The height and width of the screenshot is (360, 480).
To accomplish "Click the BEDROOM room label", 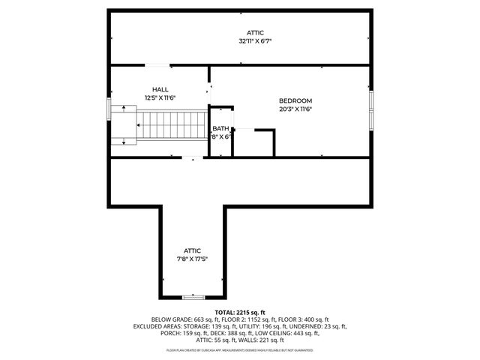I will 295,100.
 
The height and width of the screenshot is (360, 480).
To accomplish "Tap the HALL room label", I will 159,89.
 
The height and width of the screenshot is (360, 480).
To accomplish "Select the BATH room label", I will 220,129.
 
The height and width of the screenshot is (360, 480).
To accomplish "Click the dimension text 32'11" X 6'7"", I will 255,41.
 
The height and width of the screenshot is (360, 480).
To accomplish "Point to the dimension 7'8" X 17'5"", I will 193,259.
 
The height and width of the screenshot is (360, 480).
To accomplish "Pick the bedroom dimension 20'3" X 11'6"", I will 295,109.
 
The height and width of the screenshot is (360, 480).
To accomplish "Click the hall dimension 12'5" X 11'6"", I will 159,97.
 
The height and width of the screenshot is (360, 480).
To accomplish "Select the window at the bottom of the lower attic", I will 193,297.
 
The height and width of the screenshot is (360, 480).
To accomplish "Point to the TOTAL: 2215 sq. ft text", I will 239,312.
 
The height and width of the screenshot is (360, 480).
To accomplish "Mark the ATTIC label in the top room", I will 255,33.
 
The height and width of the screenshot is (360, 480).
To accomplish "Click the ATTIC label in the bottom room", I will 193,250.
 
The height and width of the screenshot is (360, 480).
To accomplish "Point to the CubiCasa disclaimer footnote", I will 239,350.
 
